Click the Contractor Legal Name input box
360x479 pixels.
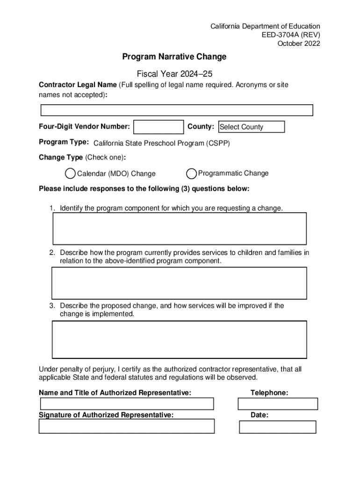tap(177, 110)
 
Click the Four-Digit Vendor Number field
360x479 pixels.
tap(158, 127)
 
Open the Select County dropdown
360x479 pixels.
tap(252, 127)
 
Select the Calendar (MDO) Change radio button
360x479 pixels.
tap(70, 174)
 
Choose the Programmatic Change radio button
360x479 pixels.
tap(191, 174)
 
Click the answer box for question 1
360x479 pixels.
tap(179, 228)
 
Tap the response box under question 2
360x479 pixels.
tap(179, 283)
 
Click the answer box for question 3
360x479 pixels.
tap(179, 339)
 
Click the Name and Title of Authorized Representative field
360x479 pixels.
tap(127, 404)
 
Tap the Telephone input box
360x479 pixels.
tap(278, 404)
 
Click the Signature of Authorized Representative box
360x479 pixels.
tap(127, 426)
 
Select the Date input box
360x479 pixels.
tap(278, 427)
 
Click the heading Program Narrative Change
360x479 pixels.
tap(174, 57)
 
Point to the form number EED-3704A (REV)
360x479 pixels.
tap(291, 35)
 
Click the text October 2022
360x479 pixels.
tap(299, 44)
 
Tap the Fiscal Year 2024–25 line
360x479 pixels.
tap(174, 74)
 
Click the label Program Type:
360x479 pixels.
tap(64, 142)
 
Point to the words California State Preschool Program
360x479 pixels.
tap(149, 143)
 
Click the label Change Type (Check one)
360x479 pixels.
tap(82, 157)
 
